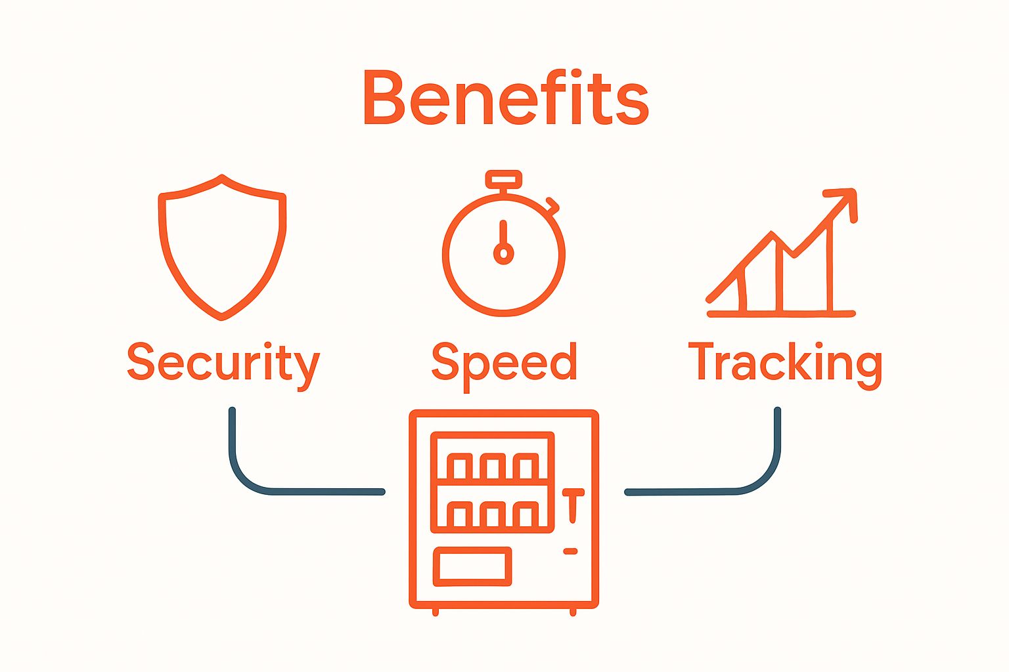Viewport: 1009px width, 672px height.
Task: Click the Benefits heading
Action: click(506, 97)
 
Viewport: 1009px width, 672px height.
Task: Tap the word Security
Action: click(223, 366)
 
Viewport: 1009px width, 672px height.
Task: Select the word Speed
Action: click(504, 366)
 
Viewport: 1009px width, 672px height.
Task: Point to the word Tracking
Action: click(785, 366)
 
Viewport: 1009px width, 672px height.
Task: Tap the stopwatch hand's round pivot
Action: click(504, 253)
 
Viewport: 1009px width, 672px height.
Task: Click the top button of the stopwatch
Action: click(504, 180)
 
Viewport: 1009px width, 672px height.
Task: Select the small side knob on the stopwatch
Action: click(552, 204)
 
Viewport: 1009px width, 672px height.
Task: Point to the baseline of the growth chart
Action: click(781, 314)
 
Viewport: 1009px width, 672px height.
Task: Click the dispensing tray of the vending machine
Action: click(472, 566)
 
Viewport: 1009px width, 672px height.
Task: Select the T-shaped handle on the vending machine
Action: click(573, 505)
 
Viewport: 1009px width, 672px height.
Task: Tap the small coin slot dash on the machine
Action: click(570, 551)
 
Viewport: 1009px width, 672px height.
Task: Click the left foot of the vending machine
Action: click(435, 612)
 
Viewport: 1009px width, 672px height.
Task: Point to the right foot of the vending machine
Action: click(573, 612)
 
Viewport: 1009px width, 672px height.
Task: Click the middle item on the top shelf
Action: click(492, 467)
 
